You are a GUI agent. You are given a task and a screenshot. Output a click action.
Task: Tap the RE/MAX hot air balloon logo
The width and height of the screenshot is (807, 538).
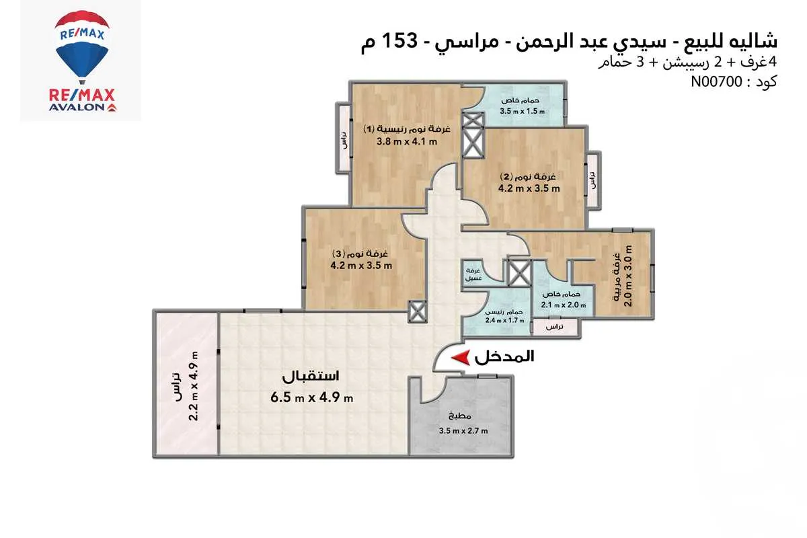(80, 50)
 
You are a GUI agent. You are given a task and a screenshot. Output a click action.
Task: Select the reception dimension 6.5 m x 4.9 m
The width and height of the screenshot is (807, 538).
(312, 397)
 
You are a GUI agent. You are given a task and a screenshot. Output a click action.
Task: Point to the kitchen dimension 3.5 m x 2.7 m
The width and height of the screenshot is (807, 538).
(463, 431)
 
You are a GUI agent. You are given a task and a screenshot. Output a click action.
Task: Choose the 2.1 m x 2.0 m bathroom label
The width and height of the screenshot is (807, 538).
(564, 305)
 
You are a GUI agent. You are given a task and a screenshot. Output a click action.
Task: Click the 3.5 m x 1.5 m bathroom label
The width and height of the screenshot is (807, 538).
(523, 112)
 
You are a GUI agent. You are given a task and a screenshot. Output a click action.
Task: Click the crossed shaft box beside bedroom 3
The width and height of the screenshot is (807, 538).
(417, 310)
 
